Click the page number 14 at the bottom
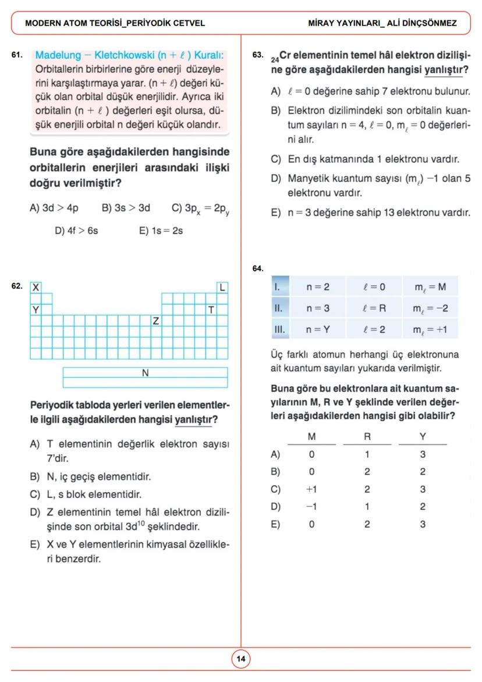(240, 659)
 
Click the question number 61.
(17, 55)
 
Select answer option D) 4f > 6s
(76, 230)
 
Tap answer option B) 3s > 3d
(126, 207)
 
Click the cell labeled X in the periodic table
(36, 287)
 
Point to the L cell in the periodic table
(222, 287)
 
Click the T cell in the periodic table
(211, 309)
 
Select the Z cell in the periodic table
(155, 321)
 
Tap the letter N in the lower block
(146, 372)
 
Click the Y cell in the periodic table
(36, 309)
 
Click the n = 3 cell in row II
(318, 308)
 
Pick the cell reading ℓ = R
(374, 308)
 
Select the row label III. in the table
(279, 329)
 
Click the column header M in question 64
(311, 437)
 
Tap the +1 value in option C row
(311, 489)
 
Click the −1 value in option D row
(311, 507)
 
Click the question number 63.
(258, 55)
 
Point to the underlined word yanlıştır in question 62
(193, 419)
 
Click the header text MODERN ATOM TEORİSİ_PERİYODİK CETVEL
(115, 23)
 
